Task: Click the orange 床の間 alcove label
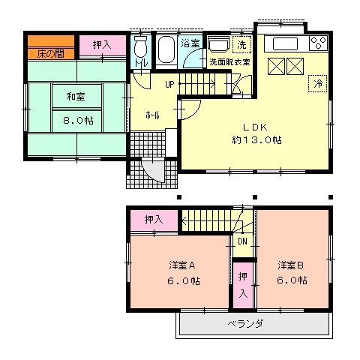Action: (x=49, y=53)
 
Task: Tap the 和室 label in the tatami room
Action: (x=74, y=96)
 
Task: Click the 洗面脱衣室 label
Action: (x=229, y=61)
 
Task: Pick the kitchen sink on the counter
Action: (x=285, y=43)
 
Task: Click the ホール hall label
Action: (x=151, y=115)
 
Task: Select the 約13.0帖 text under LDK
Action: (x=255, y=139)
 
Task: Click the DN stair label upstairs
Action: (x=243, y=241)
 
